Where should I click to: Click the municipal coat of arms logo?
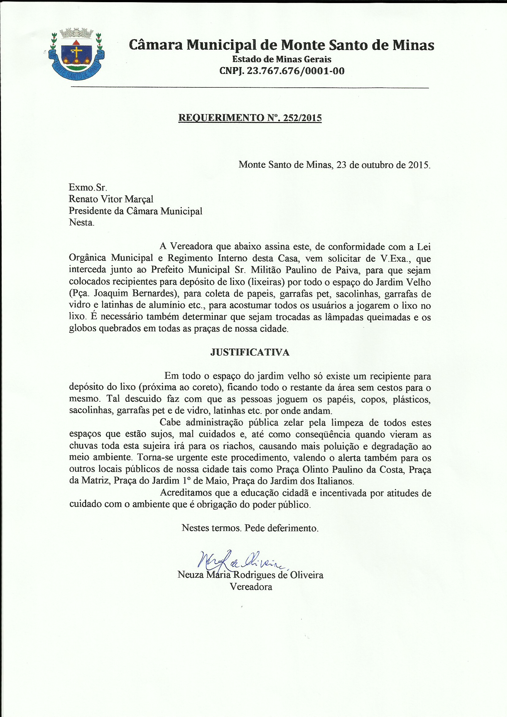click(x=77, y=53)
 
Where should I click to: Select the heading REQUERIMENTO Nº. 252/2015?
click(x=250, y=118)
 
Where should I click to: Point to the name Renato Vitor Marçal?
click(x=111, y=199)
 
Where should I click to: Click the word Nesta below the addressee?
click(x=81, y=222)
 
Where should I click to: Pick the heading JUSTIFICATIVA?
click(x=250, y=352)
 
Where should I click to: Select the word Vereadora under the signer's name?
click(x=251, y=587)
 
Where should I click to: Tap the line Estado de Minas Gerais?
click(x=282, y=59)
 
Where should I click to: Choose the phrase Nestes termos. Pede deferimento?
click(x=250, y=528)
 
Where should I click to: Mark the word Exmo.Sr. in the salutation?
click(x=88, y=187)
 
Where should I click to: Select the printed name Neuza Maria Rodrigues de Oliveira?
click(x=250, y=575)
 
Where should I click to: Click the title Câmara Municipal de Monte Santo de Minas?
click(x=281, y=45)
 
